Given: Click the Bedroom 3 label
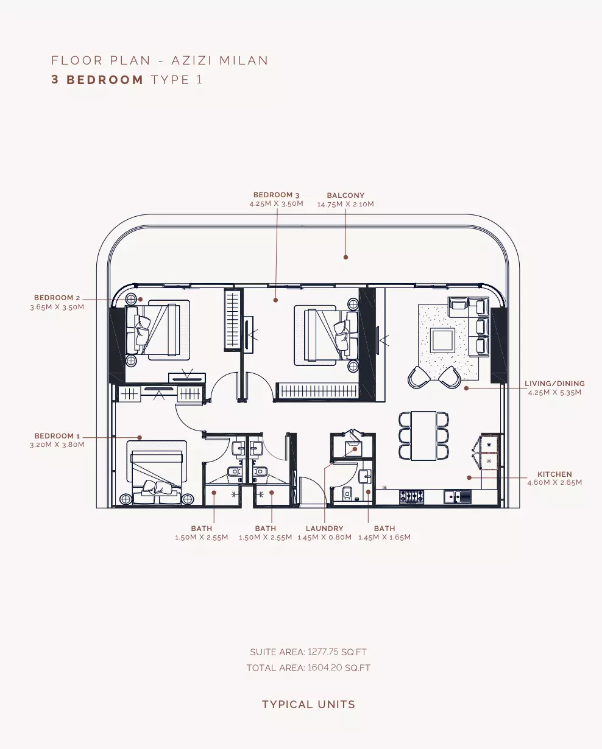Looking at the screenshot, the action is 276,195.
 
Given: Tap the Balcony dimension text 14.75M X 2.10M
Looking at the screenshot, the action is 345,204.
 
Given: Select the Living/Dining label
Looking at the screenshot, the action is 554,384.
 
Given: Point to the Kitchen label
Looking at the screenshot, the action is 554,474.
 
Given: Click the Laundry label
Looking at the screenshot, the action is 324,529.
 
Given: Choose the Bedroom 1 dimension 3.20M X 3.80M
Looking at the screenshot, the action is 57,445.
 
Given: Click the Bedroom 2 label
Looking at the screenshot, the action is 57,298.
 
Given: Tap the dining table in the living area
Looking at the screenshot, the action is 423,436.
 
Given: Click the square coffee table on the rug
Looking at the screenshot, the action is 442,340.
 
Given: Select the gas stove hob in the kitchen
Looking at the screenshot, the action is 411,496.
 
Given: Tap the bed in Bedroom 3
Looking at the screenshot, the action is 327,336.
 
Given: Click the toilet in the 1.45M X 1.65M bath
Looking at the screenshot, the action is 347,493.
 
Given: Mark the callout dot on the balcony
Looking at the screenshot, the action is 345,257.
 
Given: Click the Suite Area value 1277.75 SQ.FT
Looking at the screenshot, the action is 337,652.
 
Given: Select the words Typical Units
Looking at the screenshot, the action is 308,705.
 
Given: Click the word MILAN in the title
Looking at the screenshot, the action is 244,60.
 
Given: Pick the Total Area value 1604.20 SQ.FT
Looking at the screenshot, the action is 339,668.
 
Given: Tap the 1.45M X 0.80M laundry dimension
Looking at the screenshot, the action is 324,537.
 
